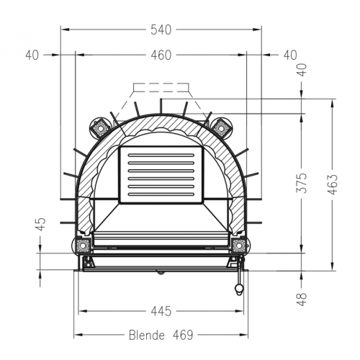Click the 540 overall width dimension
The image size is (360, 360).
[x=161, y=30]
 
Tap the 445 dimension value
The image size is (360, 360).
[x=161, y=311]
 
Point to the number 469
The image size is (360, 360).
[x=184, y=336]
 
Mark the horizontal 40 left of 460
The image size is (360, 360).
[x=31, y=55]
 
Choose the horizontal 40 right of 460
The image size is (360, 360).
[x=289, y=55]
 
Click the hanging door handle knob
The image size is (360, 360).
[x=237, y=289]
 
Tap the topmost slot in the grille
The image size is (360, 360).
[x=161, y=155]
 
